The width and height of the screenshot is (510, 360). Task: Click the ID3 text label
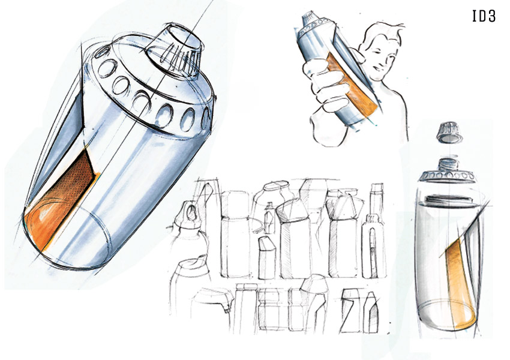484,16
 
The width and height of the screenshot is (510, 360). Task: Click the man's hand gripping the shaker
325,85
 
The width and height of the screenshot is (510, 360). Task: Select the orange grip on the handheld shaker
351,86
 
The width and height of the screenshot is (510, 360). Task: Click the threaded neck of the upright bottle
449,164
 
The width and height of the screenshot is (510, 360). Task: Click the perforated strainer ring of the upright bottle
448,176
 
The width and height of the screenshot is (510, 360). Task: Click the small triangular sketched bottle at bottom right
371,312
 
